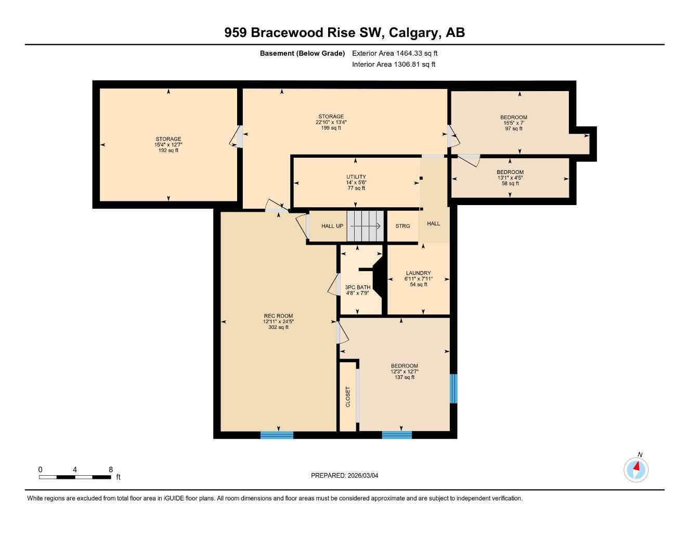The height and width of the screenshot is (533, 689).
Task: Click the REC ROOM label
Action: [x=278, y=316]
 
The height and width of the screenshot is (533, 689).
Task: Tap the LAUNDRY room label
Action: [x=418, y=273]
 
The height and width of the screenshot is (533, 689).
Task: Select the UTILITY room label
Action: [x=356, y=177]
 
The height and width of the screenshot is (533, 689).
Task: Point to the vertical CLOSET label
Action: [x=348, y=397]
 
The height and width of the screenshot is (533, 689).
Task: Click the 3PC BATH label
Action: [x=358, y=287]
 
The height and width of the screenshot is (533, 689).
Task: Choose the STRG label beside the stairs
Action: [x=402, y=226]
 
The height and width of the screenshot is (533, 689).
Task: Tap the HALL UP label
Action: [x=332, y=226]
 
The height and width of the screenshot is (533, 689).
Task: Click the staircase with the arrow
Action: [x=365, y=226]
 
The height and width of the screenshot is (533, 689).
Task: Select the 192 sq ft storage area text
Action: [x=168, y=150]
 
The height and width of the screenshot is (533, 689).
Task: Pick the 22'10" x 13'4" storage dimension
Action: [x=331, y=122]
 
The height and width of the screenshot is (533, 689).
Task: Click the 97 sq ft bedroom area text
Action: [x=513, y=129]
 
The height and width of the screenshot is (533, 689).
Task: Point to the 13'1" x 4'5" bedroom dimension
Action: [x=510, y=177]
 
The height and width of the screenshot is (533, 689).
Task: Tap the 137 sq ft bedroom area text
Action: [x=404, y=377]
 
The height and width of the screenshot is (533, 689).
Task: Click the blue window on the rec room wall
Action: [x=277, y=435]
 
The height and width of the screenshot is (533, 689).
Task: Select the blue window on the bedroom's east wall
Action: [x=453, y=388]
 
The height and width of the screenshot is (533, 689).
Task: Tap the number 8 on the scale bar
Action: [x=111, y=469]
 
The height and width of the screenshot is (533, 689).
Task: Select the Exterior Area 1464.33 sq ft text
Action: [x=395, y=53]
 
